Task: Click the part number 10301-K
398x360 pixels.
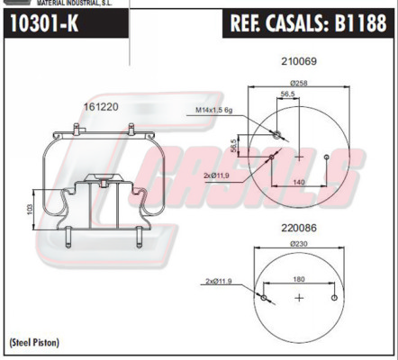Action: point(44,23)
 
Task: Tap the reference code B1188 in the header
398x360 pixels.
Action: point(360,23)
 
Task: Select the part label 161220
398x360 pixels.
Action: point(101,106)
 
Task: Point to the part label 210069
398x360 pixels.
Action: point(299,61)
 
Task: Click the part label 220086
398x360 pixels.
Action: point(299,228)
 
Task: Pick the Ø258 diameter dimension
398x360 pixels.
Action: point(299,83)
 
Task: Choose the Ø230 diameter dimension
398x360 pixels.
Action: point(299,244)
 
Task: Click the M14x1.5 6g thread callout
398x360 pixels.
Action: point(214,110)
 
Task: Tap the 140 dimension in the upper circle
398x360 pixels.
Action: point(299,182)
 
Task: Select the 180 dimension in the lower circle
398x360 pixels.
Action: point(299,279)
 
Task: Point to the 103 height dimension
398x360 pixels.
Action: point(30,210)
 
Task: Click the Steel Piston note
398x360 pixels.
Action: point(34,342)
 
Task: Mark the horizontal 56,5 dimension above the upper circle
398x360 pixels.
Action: point(288,94)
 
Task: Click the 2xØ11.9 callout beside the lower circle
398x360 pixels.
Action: point(219,281)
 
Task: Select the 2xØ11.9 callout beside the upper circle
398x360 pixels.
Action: point(216,175)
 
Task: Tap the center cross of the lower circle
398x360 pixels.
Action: point(299,298)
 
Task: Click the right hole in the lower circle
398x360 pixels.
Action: point(334,298)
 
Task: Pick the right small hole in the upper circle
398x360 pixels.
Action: point(327,157)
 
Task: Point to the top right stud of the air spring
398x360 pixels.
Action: point(131,129)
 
